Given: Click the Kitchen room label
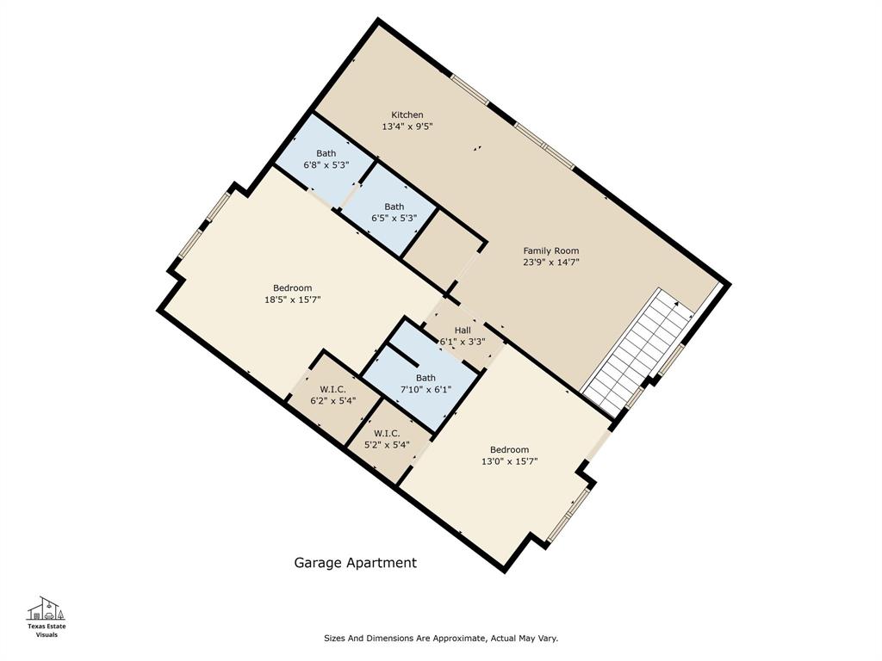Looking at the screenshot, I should coord(407,114).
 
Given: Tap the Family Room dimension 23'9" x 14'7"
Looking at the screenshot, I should coord(551,263).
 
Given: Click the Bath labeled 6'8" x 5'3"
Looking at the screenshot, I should coord(326,159).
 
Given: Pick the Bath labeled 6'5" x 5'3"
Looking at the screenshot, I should coord(394,212).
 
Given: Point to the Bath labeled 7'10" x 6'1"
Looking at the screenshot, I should coord(425,384).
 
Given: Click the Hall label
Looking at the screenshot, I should coord(463,330).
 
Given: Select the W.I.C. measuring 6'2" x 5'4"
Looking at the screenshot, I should coord(332,394).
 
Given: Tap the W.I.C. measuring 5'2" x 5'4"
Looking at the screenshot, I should coord(386,439).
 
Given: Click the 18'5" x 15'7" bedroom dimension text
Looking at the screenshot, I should coord(293,300).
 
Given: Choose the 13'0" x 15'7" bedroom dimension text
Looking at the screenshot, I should coord(509,461).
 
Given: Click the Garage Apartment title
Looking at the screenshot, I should coord(355,563).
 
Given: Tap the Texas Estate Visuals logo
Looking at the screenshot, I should coord(47,616).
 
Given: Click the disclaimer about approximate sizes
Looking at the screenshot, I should coord(440,639).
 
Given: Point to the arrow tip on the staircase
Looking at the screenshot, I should coord(677,303).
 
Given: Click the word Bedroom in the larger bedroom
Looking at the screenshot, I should coord(293,287).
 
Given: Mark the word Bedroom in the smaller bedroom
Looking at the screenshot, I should coord(509,449).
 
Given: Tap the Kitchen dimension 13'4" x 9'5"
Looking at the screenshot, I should coord(407,127).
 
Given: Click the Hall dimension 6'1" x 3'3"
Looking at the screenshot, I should coord(463,342).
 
